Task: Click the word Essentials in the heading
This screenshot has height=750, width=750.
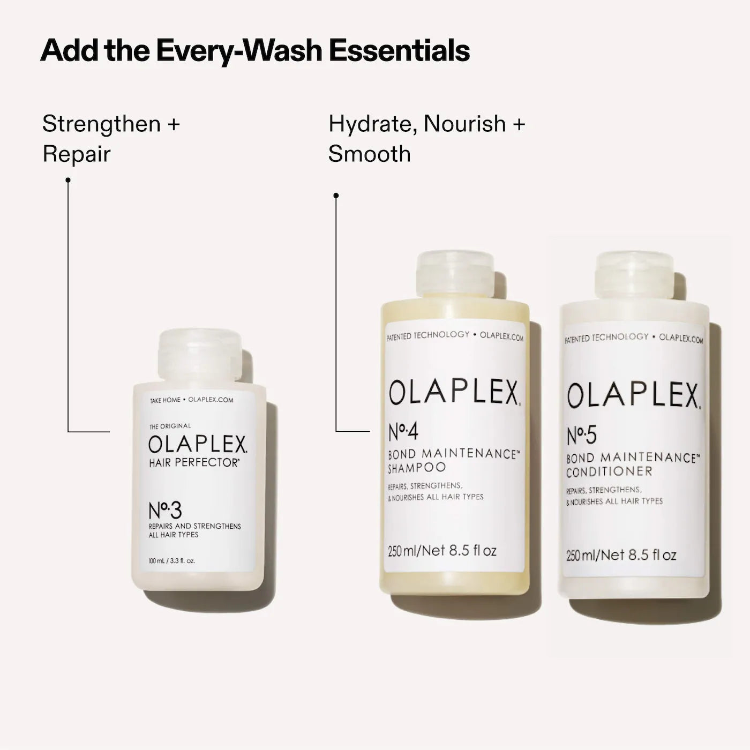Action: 399,50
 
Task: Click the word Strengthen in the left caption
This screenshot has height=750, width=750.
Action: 102,124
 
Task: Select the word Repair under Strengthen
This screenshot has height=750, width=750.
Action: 77,154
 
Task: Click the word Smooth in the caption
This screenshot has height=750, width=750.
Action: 370,154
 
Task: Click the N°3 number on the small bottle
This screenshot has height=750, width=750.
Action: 165,511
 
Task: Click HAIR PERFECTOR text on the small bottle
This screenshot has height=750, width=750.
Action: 194,463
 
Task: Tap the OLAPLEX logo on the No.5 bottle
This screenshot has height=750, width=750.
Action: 633,396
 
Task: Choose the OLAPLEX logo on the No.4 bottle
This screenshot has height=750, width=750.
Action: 454,393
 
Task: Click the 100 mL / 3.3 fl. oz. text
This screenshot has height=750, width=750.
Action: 172,561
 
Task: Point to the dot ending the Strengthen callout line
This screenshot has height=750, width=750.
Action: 68,180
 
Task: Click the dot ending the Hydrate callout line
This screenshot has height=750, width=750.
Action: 336,196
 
